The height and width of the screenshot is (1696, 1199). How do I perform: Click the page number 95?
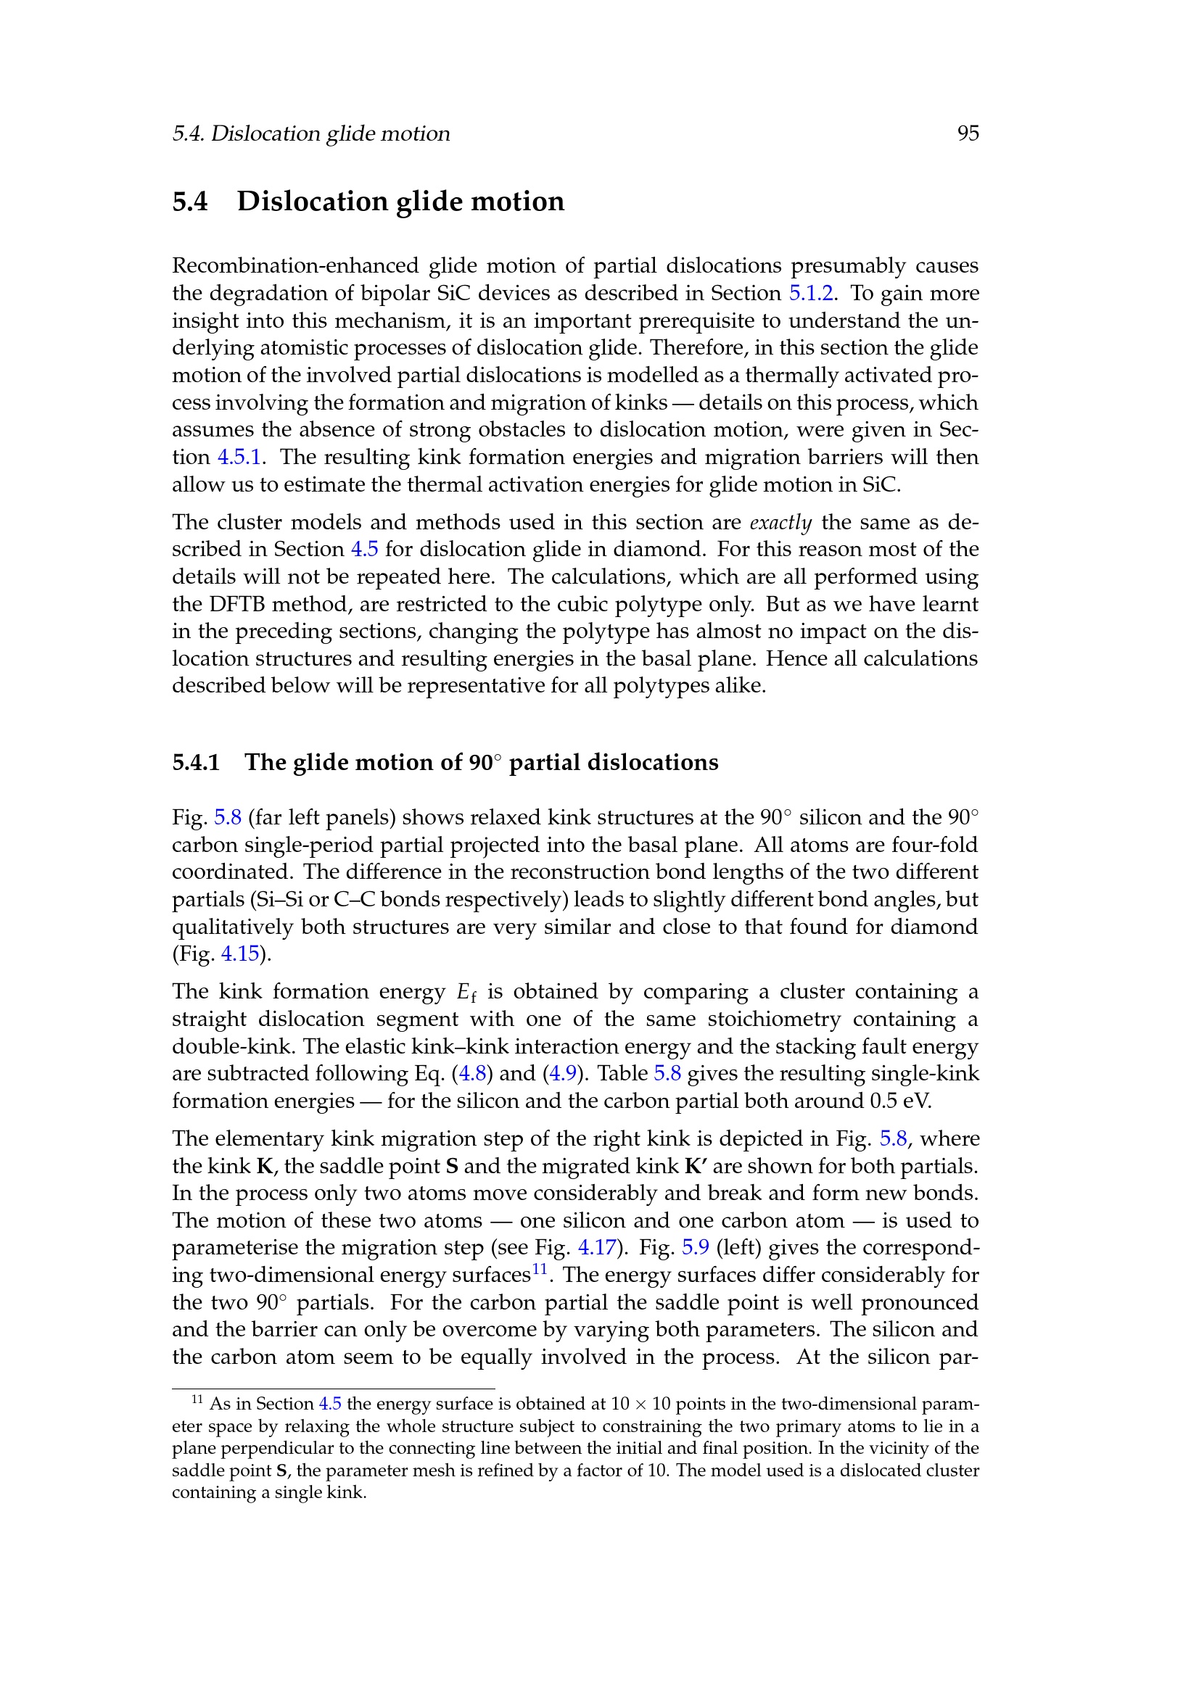(968, 133)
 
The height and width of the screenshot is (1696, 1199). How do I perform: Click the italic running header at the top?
(311, 133)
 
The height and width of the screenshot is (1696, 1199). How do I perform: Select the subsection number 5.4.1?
(196, 762)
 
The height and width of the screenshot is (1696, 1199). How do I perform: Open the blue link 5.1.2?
(811, 293)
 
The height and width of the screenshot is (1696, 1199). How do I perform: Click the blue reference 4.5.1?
(239, 458)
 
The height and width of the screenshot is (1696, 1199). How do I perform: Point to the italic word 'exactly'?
(780, 522)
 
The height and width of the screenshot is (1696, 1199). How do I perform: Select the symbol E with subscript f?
(466, 993)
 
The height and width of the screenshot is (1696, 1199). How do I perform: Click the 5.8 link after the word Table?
(667, 1073)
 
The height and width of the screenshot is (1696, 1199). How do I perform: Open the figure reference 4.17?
(596, 1248)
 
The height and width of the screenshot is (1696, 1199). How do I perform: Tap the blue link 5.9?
(695, 1248)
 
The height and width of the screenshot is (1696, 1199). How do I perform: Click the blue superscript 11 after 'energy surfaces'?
(539, 1269)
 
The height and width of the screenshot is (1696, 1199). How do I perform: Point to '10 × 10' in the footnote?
(640, 1404)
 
